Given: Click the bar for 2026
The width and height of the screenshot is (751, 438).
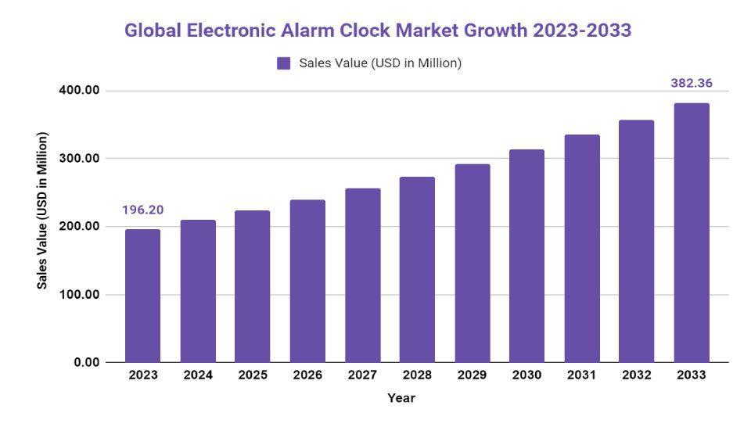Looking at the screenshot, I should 307,281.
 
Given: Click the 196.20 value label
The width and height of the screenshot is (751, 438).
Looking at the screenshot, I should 142,210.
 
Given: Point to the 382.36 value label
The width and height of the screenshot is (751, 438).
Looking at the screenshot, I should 692,84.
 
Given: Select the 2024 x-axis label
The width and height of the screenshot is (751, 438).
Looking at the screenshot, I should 198,375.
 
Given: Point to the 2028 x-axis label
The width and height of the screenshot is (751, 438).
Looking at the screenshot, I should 417,375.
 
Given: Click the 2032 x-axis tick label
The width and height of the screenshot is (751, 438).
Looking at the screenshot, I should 637,375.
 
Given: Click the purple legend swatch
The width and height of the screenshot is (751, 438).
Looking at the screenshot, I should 284,63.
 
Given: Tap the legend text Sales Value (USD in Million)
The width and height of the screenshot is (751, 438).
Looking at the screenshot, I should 380,63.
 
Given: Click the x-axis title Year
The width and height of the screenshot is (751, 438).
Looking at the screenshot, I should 401,398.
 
